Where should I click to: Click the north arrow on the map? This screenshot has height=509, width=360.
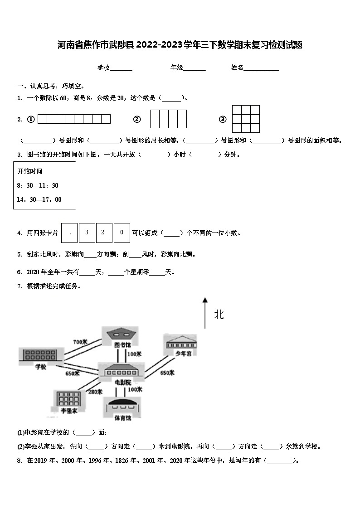coord(205,313)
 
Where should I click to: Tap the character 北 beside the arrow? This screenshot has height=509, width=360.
coord(219,315)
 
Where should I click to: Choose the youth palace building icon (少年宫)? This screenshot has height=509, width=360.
coord(181,342)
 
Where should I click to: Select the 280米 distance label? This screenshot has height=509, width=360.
coord(95,392)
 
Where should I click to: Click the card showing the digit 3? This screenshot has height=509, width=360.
coord(87,233)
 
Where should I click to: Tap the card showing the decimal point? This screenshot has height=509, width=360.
coord(69,233)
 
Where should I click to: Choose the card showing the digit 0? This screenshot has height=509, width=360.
coord(122,233)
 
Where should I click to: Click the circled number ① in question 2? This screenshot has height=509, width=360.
coord(31,119)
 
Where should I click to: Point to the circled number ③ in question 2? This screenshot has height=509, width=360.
coord(223,119)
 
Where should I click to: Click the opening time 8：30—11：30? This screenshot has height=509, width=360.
coord(38,185)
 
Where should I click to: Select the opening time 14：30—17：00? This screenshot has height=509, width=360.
coord(39,199)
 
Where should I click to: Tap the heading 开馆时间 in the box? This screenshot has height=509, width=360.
coord(30,171)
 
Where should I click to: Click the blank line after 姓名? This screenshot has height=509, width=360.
coord(262,68)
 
